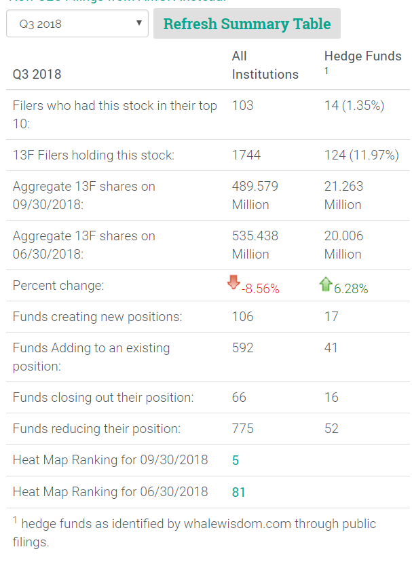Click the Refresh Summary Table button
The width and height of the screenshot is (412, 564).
(x=247, y=24)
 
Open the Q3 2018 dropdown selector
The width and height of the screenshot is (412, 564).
(x=77, y=24)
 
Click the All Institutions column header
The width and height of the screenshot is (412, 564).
(x=265, y=65)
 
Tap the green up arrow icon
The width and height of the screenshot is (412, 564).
(x=325, y=284)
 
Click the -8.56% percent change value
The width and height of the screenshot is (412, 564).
(x=260, y=288)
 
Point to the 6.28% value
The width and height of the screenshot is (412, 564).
(x=351, y=288)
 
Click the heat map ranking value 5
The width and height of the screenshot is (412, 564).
(x=236, y=460)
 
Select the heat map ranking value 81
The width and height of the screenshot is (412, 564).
(x=238, y=492)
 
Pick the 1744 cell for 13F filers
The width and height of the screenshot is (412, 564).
(x=245, y=155)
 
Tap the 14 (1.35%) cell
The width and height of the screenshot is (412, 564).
(x=354, y=105)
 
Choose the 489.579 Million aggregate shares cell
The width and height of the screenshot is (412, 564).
(x=255, y=195)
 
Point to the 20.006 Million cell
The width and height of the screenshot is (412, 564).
(x=344, y=245)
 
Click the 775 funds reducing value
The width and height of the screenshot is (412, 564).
(x=242, y=428)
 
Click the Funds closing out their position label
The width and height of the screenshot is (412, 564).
(x=103, y=397)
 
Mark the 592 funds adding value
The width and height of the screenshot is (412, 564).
(x=242, y=348)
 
